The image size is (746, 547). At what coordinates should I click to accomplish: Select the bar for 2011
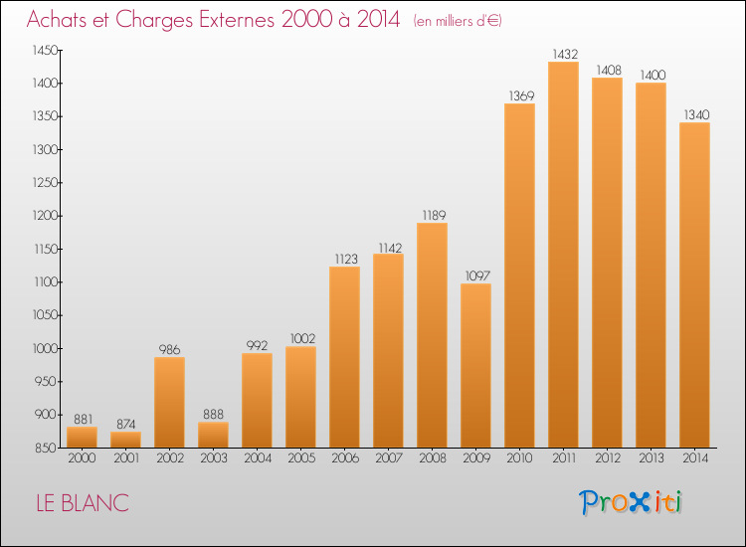(563, 255)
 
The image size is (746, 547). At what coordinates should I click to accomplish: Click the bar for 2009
(475, 365)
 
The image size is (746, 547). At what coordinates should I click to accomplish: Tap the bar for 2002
(169, 403)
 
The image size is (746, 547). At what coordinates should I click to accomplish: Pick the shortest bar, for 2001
(125, 440)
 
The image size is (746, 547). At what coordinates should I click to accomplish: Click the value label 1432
(565, 55)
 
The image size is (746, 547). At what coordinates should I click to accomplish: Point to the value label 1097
(477, 275)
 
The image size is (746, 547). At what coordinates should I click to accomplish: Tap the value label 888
(213, 415)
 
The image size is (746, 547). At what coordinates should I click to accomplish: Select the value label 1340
(696, 114)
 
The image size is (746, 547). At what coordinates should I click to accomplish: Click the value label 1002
(303, 339)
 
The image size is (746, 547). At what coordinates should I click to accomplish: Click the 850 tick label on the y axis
(46, 449)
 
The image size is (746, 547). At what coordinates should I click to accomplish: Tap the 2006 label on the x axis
(345, 458)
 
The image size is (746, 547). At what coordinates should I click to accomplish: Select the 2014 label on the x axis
(695, 458)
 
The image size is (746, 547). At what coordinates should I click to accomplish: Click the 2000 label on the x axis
(82, 458)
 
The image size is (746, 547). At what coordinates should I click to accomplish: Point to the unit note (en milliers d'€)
(458, 21)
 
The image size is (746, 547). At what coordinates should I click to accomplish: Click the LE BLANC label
(83, 503)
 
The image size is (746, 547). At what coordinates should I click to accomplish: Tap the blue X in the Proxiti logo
(638, 502)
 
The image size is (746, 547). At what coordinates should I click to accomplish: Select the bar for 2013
(651, 266)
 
